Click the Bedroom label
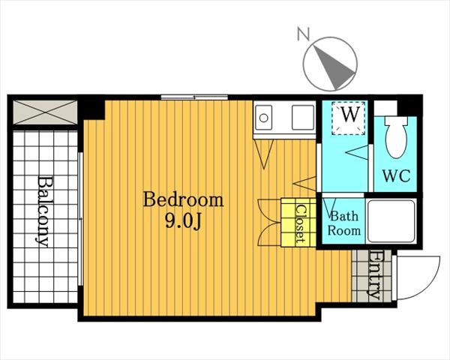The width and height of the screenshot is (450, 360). click(183, 199)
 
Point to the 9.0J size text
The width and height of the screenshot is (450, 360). click(183, 221)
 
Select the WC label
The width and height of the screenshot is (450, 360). click(396, 175)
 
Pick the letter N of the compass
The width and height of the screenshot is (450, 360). click(303, 34)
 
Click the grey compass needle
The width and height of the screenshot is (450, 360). click(334, 67)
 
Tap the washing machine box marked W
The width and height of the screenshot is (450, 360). click(349, 118)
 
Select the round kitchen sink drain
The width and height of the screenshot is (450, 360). click(264, 118)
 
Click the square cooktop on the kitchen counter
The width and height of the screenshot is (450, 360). click(303, 117)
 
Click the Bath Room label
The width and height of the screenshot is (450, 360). click(343, 223)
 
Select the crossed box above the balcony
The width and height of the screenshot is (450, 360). click(45, 112)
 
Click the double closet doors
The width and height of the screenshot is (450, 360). click(269, 222)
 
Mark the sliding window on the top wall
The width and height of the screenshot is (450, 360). click(194, 97)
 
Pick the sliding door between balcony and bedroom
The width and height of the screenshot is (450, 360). click(81, 219)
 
